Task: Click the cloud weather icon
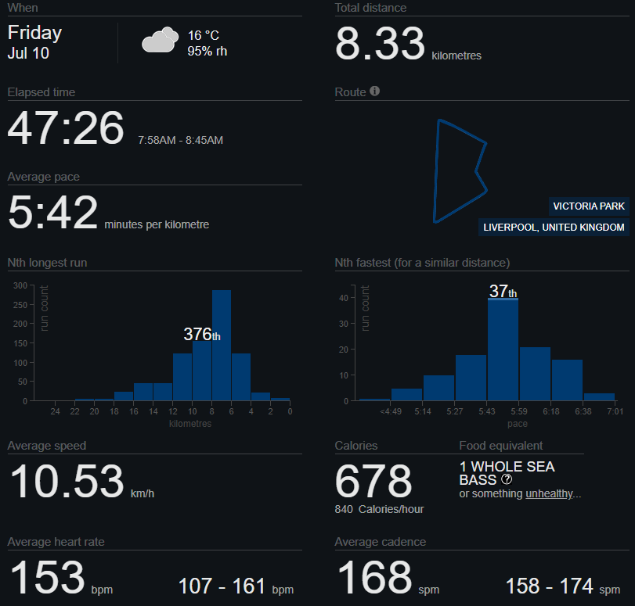(160, 40)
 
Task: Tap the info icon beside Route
(374, 91)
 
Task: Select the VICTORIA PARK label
(589, 206)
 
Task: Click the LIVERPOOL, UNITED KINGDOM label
(554, 228)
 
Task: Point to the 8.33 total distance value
(380, 44)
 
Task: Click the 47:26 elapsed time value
(66, 127)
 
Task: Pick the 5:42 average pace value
(52, 213)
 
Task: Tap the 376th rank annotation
(202, 335)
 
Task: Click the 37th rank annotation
(503, 291)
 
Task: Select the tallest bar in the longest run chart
(222, 345)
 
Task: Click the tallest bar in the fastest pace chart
(503, 350)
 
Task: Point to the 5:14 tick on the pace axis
(422, 411)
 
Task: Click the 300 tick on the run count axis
(20, 285)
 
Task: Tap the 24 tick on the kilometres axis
(55, 411)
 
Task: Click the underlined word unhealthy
(549, 493)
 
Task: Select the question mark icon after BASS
(507, 479)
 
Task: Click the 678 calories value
(373, 481)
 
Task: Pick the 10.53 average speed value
(67, 481)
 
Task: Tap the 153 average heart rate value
(47, 577)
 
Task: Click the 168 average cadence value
(374, 577)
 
